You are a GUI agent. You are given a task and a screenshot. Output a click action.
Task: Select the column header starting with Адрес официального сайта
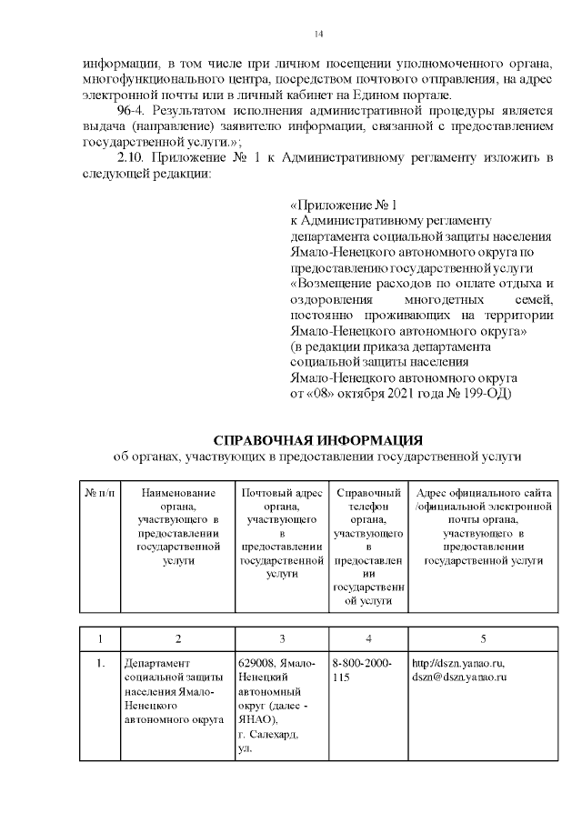pyautogui.click(x=484, y=527)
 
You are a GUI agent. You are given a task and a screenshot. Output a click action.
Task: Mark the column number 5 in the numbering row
pyautogui.click(x=484, y=638)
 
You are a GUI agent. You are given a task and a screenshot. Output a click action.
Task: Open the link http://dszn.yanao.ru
pyautogui.click(x=458, y=663)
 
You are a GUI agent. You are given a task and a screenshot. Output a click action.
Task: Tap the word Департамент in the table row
pyautogui.click(x=156, y=663)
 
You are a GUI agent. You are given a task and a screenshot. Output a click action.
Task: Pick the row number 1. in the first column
pyautogui.click(x=100, y=663)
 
